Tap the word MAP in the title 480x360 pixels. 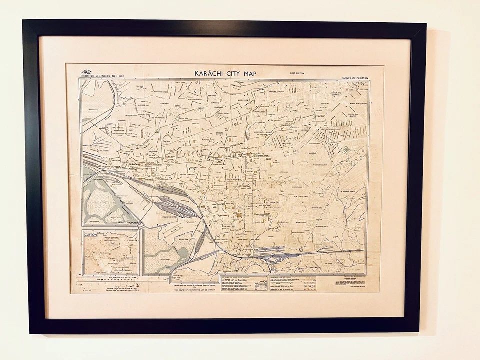248,74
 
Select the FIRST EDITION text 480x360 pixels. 296,74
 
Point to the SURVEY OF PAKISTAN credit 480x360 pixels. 355,78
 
